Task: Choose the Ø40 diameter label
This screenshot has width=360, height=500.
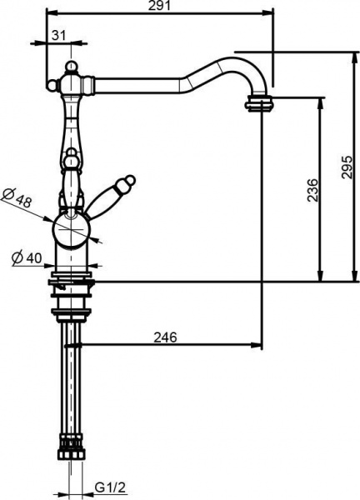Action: tap(27, 258)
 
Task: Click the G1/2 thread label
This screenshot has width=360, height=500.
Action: tap(108, 487)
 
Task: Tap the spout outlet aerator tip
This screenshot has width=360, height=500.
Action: tap(262, 103)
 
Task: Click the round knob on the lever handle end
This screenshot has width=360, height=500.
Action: tap(129, 181)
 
